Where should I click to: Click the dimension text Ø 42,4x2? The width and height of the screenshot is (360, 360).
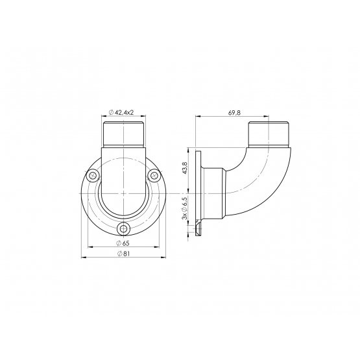tap(121, 112)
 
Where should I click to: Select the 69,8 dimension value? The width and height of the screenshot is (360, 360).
tap(234, 113)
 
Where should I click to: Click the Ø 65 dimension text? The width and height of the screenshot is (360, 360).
tap(123, 243)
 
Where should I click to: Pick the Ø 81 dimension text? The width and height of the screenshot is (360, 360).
tap(124, 254)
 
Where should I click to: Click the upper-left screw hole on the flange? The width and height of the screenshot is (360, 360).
tap(93, 176)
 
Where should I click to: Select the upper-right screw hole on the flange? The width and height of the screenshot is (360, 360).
tap(154, 176)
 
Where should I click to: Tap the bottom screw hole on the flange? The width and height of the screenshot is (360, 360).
tap(123, 228)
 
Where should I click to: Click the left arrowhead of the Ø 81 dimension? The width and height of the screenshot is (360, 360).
tap(84, 258)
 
